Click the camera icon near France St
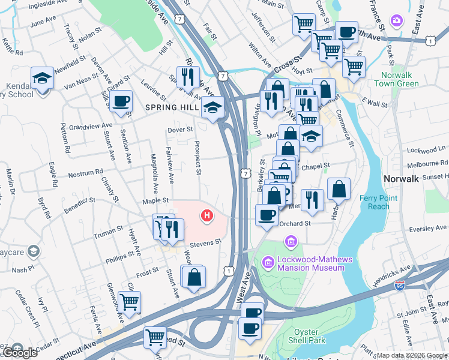pyautogui.click(x=396, y=22)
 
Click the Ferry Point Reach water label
pyautogui.click(x=375, y=202)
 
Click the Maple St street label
pyautogui.click(x=154, y=202)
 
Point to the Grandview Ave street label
pyautogui.click(x=91, y=127)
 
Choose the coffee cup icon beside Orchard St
pyautogui.click(x=267, y=214)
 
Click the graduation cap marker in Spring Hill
pyautogui.click(x=212, y=107)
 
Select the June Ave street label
pyautogui.click(x=43, y=22)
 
